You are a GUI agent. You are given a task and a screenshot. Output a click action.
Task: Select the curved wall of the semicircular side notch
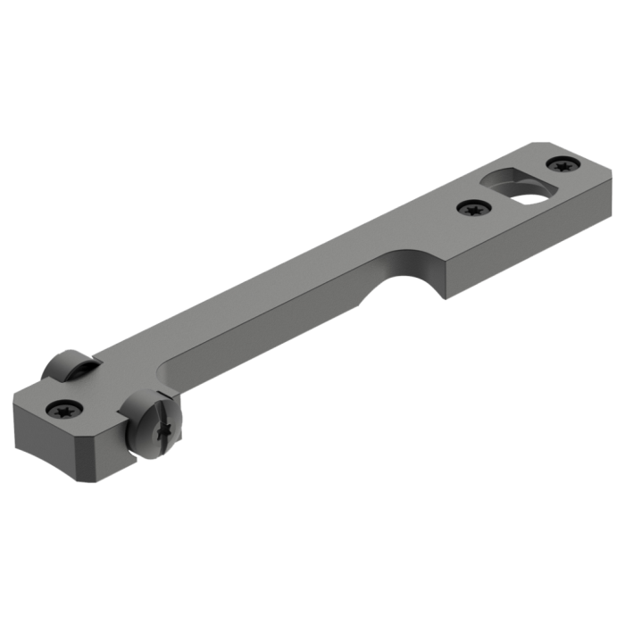point(411,268)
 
